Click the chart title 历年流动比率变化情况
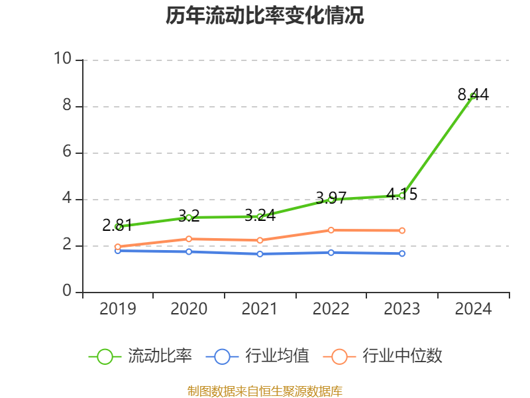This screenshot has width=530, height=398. point(265,16)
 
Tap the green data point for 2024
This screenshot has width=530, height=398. point(473,96)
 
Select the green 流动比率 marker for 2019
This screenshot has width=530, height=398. point(118,227)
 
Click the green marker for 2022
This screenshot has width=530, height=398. point(331,199)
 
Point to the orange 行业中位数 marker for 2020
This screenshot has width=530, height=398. point(189,239)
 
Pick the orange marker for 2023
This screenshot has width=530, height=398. point(402,230)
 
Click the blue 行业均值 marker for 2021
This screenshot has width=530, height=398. point(260,254)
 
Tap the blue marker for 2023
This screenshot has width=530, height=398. point(402,253)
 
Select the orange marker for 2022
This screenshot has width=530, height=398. point(331,230)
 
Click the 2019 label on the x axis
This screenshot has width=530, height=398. point(118,308)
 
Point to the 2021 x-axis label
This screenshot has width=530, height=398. point(260,308)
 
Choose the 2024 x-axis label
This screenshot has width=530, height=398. point(473,308)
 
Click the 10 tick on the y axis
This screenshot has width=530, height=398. point(63,59)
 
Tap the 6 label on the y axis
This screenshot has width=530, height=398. point(67,152)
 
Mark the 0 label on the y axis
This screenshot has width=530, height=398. point(67,291)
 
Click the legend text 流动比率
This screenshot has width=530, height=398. point(160,356)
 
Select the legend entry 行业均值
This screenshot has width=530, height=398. point(277,356)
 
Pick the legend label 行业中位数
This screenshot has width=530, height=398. point(402,356)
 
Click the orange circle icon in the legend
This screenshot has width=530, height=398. point(339,356)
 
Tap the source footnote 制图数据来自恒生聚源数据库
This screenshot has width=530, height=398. point(265,391)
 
